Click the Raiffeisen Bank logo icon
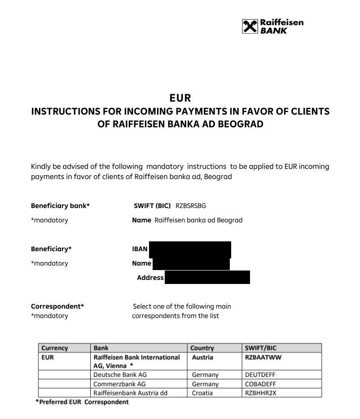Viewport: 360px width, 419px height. point(250,26)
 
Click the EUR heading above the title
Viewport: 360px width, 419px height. point(180,97)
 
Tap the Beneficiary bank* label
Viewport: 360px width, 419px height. point(60,205)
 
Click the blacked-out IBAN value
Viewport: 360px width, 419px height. point(190,249)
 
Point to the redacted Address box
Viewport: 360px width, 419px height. point(207,277)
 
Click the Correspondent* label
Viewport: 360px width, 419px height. point(57,306)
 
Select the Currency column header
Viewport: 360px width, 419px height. point(55,348)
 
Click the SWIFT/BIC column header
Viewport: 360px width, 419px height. point(260,348)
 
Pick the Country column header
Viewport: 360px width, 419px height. point(202,348)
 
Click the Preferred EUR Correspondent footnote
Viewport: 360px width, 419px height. point(82,402)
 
